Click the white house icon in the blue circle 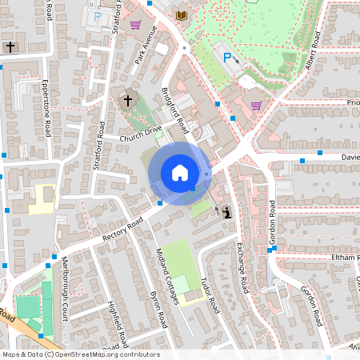click(x=180, y=173)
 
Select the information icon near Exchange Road click(x=226, y=211)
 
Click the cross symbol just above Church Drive click(x=128, y=101)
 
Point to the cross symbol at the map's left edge click(x=10, y=47)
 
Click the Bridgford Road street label click(x=175, y=110)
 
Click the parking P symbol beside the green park click(x=227, y=58)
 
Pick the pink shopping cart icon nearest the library click(x=135, y=25)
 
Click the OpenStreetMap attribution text click(x=80, y=354)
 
